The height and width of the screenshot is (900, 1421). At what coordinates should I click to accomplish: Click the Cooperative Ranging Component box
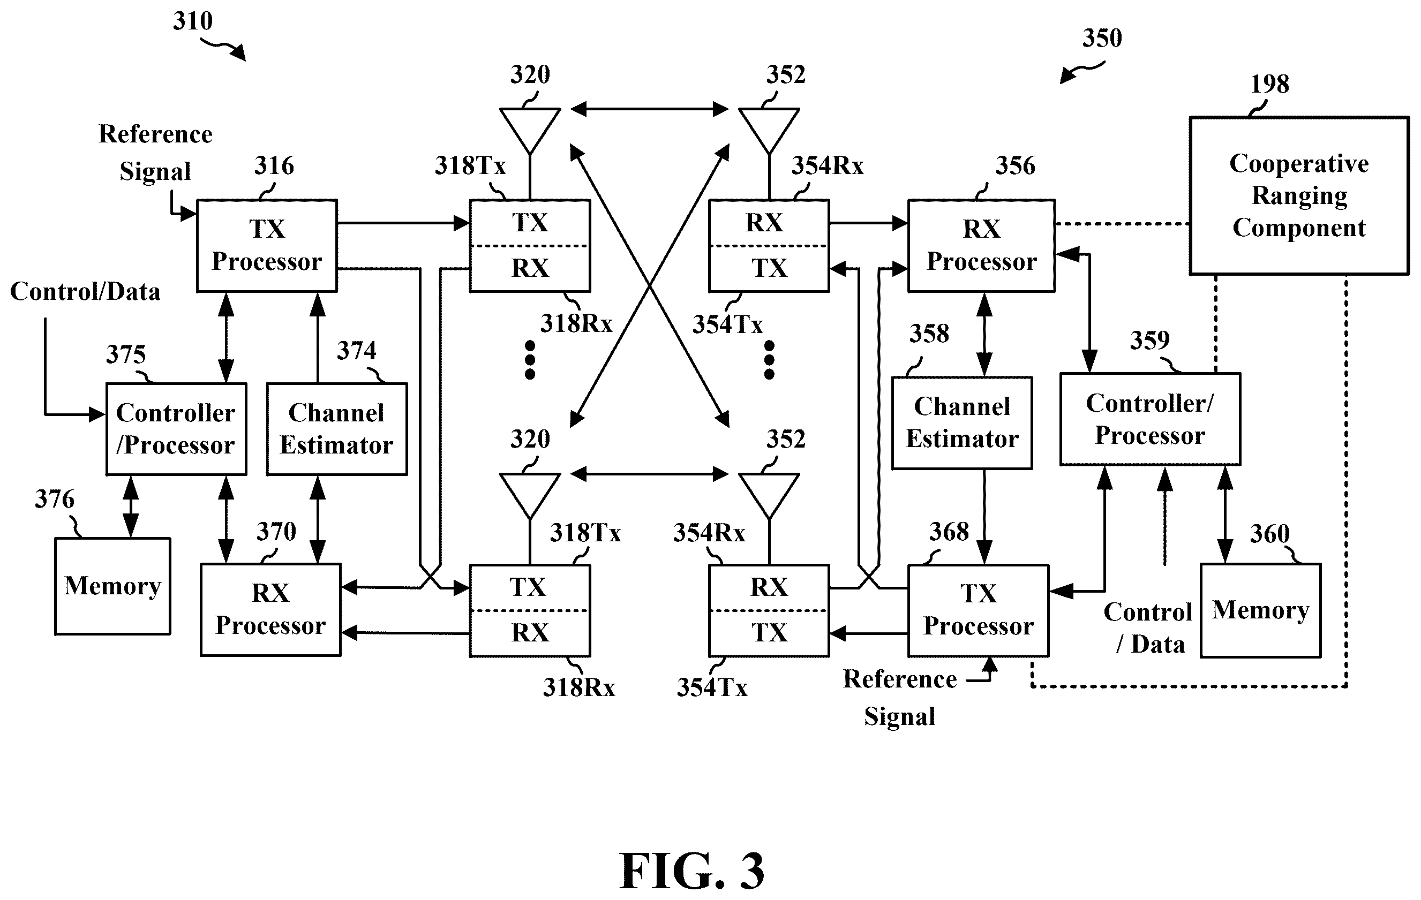[x=1299, y=195]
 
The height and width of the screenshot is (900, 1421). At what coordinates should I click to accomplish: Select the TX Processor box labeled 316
[x=267, y=245]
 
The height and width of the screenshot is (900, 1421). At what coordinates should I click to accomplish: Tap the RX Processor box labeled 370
[x=270, y=610]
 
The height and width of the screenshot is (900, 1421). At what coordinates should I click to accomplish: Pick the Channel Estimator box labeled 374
[x=336, y=429]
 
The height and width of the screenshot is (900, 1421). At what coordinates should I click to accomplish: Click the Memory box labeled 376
[x=112, y=586]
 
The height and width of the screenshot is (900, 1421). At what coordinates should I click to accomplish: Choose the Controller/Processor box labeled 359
[x=1150, y=419]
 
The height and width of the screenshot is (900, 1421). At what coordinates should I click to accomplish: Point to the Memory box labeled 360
[x=1260, y=610]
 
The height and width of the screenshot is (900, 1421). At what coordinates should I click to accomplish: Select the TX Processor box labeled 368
[x=979, y=610]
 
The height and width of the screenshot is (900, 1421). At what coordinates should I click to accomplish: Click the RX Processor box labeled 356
[x=981, y=245]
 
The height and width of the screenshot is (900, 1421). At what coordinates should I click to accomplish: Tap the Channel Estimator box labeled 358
[x=962, y=423]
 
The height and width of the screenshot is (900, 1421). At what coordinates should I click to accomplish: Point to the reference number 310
[x=192, y=21]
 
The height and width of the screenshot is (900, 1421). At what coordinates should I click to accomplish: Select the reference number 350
[x=1102, y=38]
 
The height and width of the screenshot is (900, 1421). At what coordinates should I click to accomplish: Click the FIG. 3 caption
[x=691, y=871]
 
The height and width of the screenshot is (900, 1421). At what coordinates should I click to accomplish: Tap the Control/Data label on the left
[x=85, y=291]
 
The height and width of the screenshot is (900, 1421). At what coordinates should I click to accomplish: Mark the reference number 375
[x=126, y=354]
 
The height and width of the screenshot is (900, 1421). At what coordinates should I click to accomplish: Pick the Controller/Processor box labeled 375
[x=176, y=429]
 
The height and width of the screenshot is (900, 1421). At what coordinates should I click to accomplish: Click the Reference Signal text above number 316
[x=155, y=153]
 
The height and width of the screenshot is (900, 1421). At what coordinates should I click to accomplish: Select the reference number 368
[x=949, y=532]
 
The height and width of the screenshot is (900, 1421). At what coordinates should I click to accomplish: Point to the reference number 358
[x=929, y=334]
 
